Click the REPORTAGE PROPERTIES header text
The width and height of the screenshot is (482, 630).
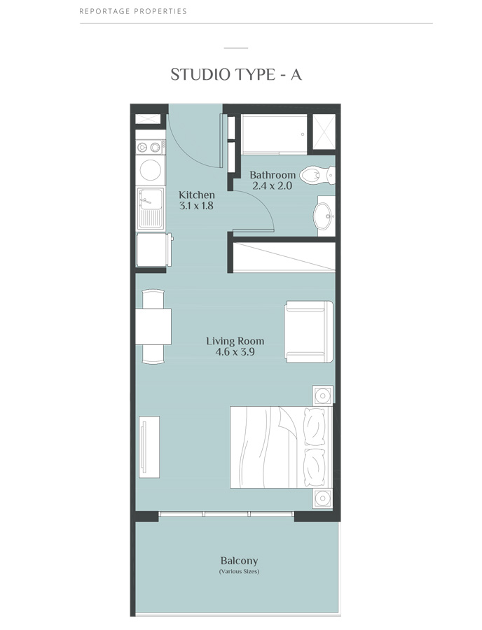[133, 12]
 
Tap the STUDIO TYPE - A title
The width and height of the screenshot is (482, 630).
[236, 74]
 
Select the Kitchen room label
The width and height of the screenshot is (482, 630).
[197, 195]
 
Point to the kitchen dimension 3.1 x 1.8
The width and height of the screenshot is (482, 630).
[197, 206]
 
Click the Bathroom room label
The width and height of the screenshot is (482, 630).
[273, 175]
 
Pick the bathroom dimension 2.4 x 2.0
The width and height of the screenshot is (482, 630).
[272, 186]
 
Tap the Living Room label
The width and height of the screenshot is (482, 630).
[235, 341]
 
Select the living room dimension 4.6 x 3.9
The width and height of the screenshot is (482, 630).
[235, 352]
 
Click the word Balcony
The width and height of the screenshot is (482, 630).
[239, 561]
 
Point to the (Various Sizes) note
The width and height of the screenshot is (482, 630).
[239, 572]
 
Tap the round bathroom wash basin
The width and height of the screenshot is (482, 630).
[324, 216]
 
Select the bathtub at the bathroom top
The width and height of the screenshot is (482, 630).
[274, 134]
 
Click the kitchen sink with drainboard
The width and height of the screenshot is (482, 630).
[150, 207]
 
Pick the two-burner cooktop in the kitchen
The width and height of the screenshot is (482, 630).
[150, 147]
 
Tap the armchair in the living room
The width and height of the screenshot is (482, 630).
[309, 331]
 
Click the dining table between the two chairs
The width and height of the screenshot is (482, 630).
[153, 326]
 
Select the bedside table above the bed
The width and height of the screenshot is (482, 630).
[322, 395]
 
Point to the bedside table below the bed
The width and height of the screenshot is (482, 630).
[322, 498]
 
